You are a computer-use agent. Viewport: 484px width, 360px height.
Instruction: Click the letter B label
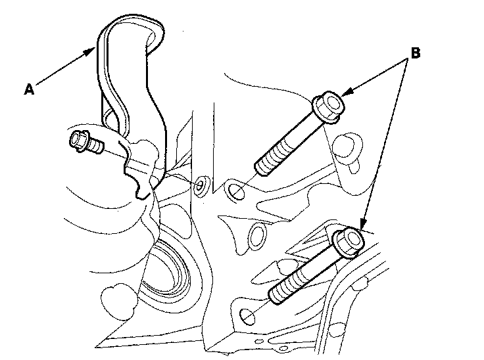414,52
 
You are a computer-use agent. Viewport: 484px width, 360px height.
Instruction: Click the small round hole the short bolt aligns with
200,185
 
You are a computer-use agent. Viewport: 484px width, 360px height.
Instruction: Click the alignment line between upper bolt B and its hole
247,182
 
